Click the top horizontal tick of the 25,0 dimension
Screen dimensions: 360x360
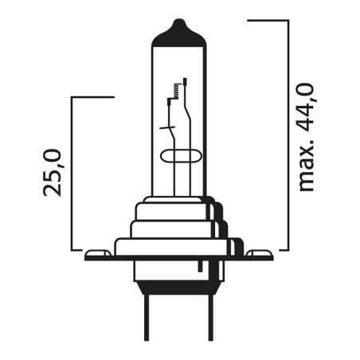point(92,97)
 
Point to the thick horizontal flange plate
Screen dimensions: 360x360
point(179,257)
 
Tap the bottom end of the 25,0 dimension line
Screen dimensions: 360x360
point(72,248)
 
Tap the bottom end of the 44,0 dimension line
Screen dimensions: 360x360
point(286,248)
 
